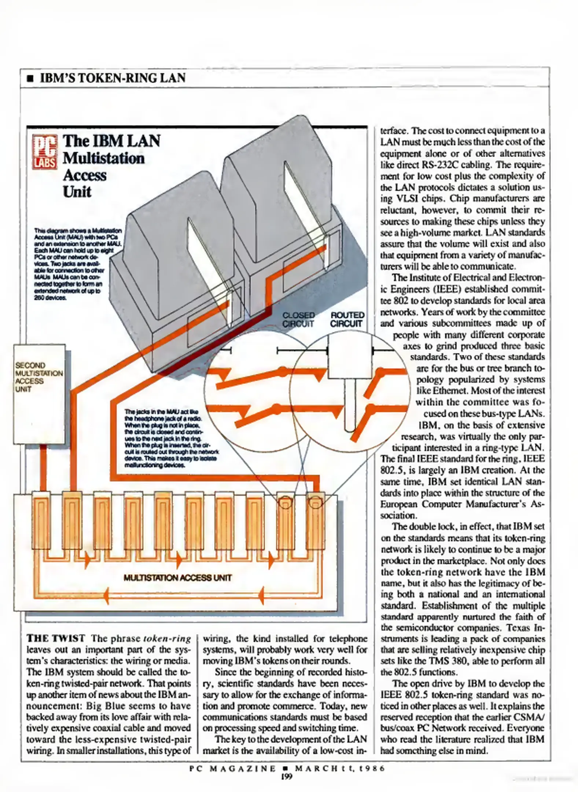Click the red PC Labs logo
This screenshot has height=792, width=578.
(45, 152)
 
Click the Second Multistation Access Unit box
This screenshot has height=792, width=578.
(39, 394)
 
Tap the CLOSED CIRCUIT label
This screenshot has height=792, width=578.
(298, 319)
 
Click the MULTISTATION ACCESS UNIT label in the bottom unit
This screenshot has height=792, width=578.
(177, 578)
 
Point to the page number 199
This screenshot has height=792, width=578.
(287, 776)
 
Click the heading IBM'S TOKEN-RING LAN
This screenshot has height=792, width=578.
(113, 78)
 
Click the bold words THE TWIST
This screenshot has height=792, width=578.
(56, 638)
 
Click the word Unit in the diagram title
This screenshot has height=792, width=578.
(77, 192)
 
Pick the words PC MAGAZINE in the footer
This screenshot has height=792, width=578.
(232, 768)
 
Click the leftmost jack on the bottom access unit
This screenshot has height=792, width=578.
(41, 521)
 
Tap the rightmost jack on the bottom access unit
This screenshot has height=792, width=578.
(315, 521)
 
